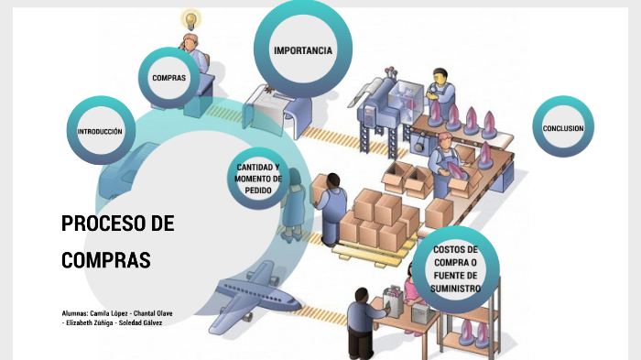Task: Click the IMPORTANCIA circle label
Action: [x=302, y=49]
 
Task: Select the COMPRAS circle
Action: [x=168, y=78]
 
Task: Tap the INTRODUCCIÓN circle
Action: [x=100, y=132]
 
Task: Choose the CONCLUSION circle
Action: [x=562, y=128]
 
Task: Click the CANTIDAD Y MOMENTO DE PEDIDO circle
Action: [x=258, y=177]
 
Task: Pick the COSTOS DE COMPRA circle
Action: [x=455, y=268]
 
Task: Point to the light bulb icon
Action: [x=191, y=19]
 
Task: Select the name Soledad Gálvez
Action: [x=141, y=322]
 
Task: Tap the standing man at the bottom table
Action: [x=357, y=321]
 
